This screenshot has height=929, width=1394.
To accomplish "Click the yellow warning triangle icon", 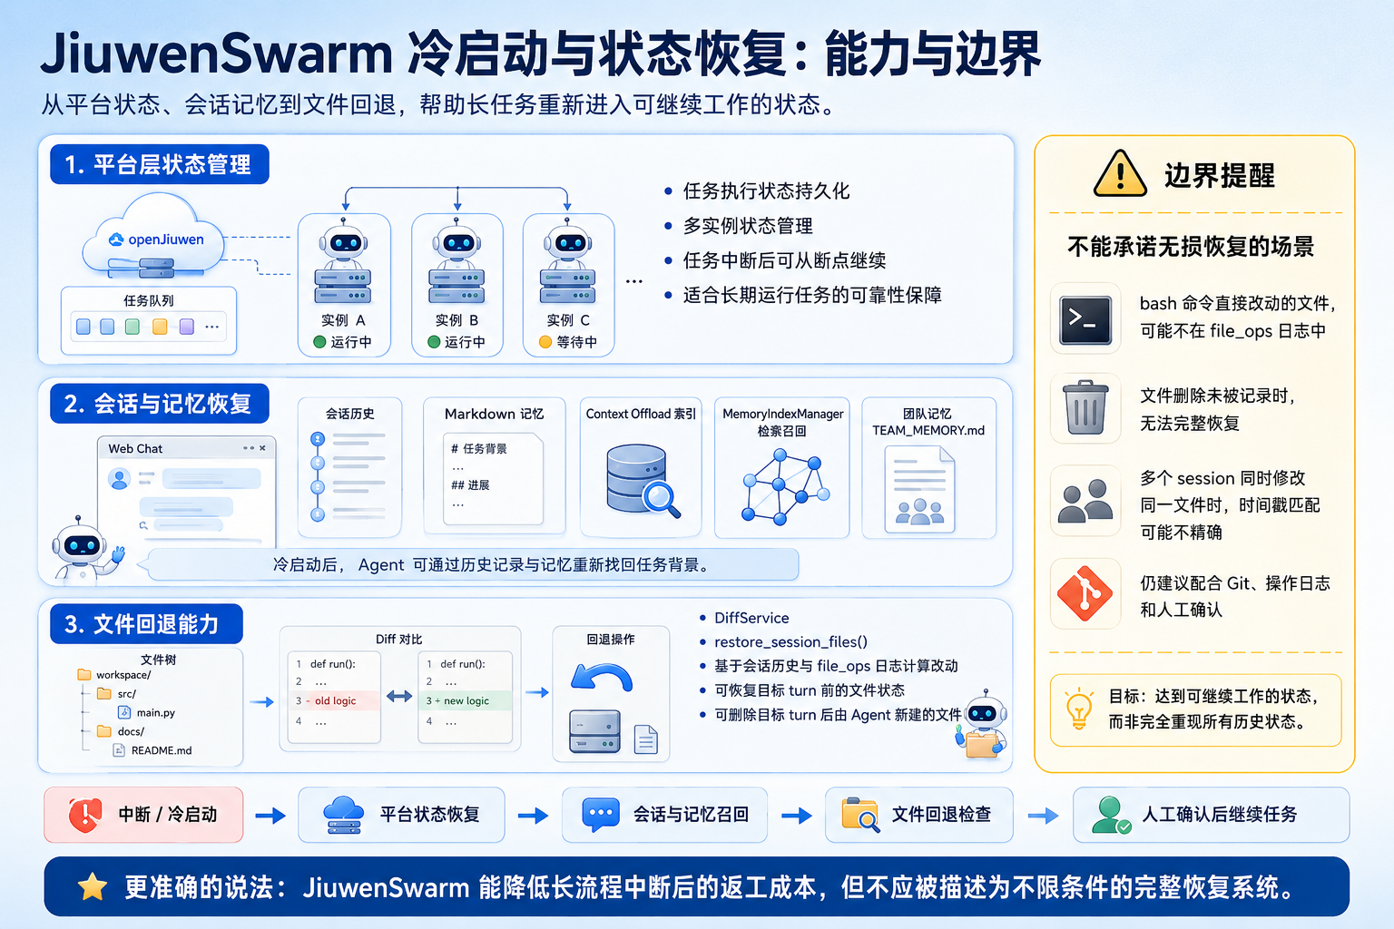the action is coord(1120,173).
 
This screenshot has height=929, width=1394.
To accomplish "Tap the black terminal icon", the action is coord(1085,320).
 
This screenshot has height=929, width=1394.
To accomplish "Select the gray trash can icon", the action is coord(1085,407).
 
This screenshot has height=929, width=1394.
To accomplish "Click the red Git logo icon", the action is coord(1085,593).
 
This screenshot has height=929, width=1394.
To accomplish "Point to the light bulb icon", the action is coord(1079,709).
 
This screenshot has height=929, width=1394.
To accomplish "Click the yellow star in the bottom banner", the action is coord(92,886).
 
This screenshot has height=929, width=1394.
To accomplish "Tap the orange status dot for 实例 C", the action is coord(545,342).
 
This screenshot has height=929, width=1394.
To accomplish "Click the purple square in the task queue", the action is coord(186,327).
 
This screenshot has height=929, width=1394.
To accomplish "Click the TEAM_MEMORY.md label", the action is coord(928,431).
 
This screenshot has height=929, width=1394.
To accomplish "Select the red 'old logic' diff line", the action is coord(334,700).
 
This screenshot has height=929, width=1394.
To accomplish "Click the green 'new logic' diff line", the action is coord(466,700).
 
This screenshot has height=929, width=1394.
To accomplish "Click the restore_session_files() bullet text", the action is coord(790,641).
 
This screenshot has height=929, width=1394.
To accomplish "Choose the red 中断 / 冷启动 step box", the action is coord(143,815).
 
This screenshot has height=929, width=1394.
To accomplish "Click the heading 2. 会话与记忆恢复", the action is coord(160,404).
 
